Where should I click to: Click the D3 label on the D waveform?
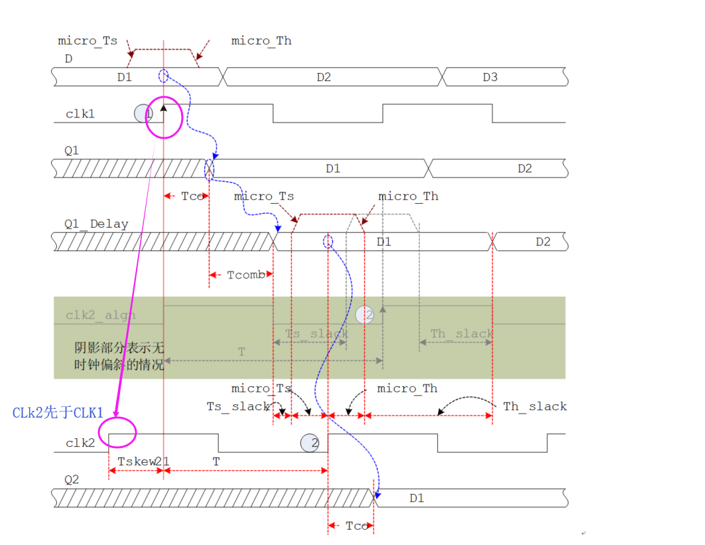[489, 77]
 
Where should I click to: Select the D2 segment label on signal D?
[323, 77]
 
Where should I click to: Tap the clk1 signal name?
[80, 114]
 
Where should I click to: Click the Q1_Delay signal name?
[96, 224]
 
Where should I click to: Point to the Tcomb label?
[246, 275]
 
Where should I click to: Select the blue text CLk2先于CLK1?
[58, 413]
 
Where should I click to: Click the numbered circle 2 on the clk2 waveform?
[309, 443]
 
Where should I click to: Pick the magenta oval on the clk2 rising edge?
[117, 433]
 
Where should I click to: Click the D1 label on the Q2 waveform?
[417, 498]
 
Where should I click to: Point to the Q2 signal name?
[71, 479]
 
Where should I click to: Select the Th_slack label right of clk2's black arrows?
[535, 406]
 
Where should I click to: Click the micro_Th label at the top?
[261, 41]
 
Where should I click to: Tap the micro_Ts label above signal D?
[88, 41]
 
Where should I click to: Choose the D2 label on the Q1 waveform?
[525, 169]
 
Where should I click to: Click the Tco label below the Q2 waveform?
[357, 526]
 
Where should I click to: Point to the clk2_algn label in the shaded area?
[101, 315]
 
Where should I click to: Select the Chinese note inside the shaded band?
[119, 356]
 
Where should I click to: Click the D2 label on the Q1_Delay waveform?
[543, 242]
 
